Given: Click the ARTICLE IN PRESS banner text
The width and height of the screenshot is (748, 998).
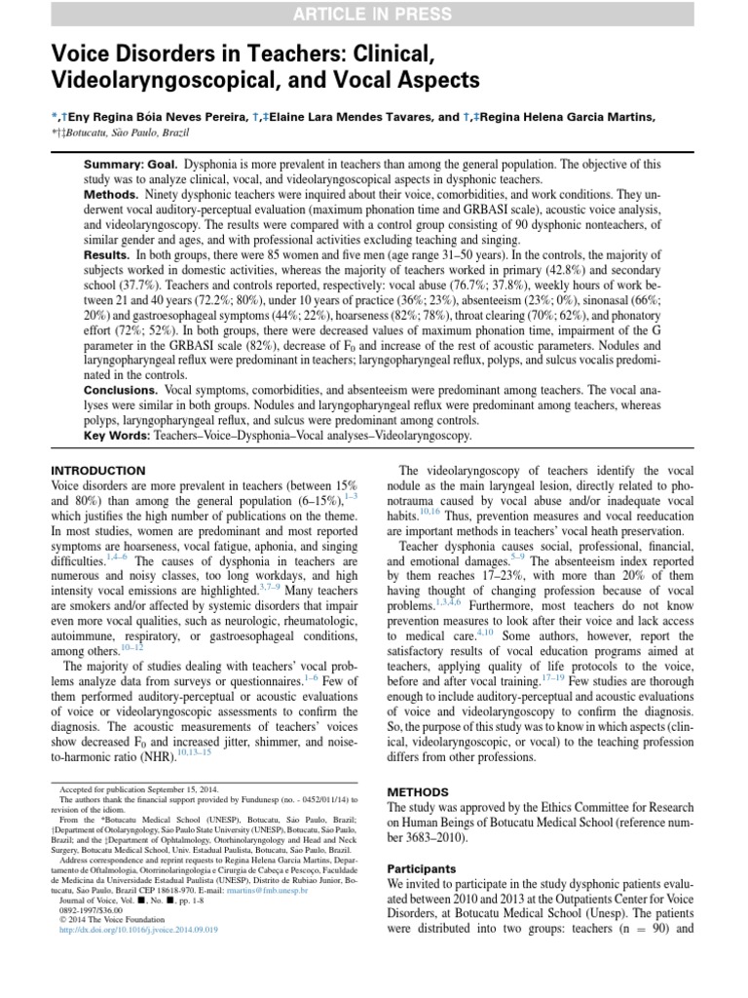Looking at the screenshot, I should (374, 14).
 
